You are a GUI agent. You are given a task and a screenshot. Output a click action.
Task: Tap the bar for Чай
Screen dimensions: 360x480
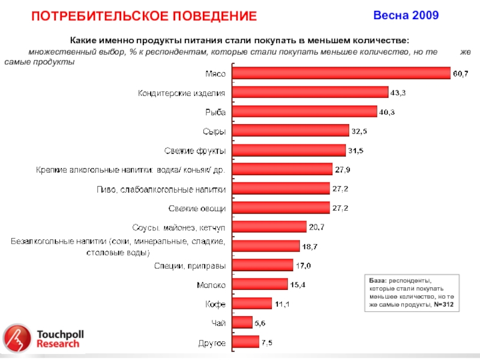pyautogui.click(x=242, y=323)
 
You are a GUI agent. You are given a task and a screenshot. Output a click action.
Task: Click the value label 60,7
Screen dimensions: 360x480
pyautogui.click(x=460, y=73)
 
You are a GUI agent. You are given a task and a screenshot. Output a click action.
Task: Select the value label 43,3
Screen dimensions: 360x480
pyautogui.click(x=398, y=92)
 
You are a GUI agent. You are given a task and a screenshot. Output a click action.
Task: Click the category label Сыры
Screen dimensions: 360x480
pyautogui.click(x=214, y=131)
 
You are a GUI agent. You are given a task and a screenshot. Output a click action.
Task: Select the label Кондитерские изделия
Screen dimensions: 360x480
pyautogui.click(x=182, y=93)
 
